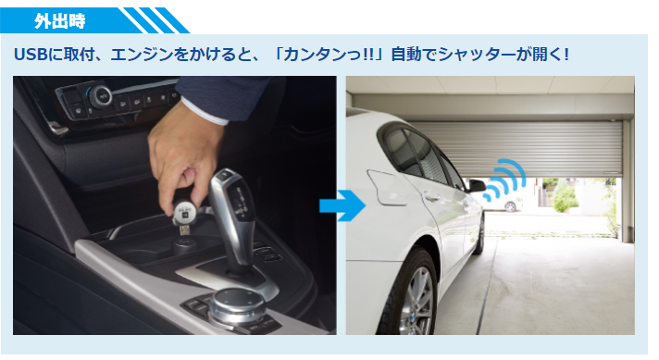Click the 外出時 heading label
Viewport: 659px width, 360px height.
(59, 20)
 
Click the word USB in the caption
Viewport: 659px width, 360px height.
(30, 55)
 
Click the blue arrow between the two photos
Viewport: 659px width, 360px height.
(342, 205)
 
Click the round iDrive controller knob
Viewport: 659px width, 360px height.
(236, 304)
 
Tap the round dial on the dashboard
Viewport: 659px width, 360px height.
(101, 96)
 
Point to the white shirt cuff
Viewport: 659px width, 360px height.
(205, 112)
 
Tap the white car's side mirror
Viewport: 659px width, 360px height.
(477, 185)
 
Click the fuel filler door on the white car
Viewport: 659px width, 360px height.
(388, 187)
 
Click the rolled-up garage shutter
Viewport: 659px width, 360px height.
(518, 149)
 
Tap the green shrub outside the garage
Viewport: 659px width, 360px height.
(564, 197)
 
